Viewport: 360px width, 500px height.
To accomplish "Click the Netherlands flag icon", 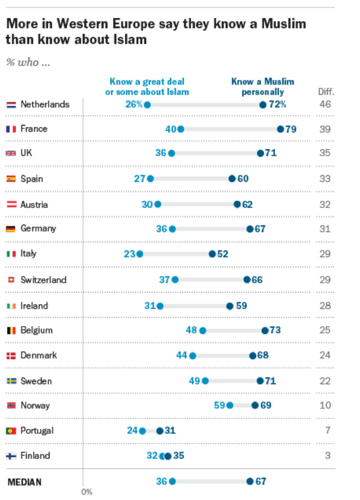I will click(x=11, y=105).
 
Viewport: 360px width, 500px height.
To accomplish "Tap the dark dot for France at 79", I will click(x=280, y=129).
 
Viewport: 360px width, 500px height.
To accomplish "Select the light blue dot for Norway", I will click(x=230, y=405).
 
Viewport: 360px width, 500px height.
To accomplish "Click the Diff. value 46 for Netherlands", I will click(x=325, y=104).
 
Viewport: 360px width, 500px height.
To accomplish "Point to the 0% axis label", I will click(x=87, y=491).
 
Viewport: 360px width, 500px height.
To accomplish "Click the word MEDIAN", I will click(x=25, y=482).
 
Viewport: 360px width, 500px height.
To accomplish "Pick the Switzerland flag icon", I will click(x=11, y=280).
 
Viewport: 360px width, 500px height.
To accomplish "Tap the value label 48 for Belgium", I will click(x=192, y=330).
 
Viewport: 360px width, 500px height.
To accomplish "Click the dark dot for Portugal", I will click(x=160, y=431).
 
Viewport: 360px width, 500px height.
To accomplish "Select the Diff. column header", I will click(x=326, y=91).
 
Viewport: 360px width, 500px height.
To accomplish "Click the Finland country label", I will click(x=35, y=456).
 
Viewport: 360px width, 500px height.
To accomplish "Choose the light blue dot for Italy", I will click(x=140, y=254).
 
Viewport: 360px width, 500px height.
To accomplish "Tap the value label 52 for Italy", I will click(x=223, y=254).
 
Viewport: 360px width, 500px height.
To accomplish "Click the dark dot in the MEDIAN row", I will click(x=250, y=482).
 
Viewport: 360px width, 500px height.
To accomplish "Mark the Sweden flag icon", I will click(x=11, y=381).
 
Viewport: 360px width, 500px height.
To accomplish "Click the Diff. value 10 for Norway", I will click(x=325, y=405).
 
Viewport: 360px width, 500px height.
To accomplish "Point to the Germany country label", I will click(x=38, y=229).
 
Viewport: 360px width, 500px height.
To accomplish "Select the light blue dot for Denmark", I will click(x=193, y=356).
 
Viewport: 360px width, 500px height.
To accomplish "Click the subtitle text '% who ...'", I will click(x=28, y=62).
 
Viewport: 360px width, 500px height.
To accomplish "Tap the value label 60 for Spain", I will click(x=243, y=178).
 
